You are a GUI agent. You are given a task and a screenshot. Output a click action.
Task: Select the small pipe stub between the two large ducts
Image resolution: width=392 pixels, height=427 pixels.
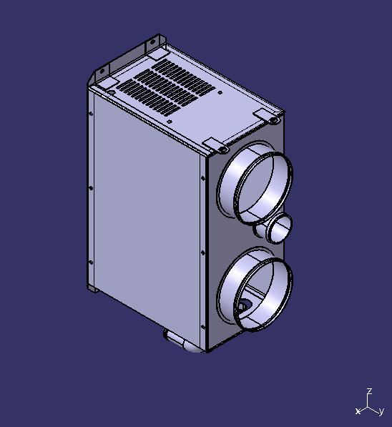coord(280,229)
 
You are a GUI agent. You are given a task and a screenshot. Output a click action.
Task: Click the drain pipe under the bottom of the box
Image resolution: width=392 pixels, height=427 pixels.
coord(183,343)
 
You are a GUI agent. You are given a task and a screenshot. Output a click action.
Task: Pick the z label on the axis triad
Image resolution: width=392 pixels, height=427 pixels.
coord(368,391)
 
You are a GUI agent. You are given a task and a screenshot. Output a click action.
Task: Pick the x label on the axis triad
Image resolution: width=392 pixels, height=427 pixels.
coord(357,411)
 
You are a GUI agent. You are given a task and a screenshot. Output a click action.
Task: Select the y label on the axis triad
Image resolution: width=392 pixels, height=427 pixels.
coord(382,411)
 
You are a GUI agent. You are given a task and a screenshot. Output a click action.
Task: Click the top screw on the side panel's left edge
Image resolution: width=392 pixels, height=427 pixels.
coord(91,114)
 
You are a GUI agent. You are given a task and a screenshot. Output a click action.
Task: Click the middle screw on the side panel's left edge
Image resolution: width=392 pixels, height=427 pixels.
coord(91,188)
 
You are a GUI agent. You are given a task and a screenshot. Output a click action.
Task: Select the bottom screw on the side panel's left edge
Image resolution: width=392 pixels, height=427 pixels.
coord(90,262)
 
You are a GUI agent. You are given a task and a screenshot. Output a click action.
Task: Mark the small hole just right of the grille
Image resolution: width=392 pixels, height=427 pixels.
coord(220,93)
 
